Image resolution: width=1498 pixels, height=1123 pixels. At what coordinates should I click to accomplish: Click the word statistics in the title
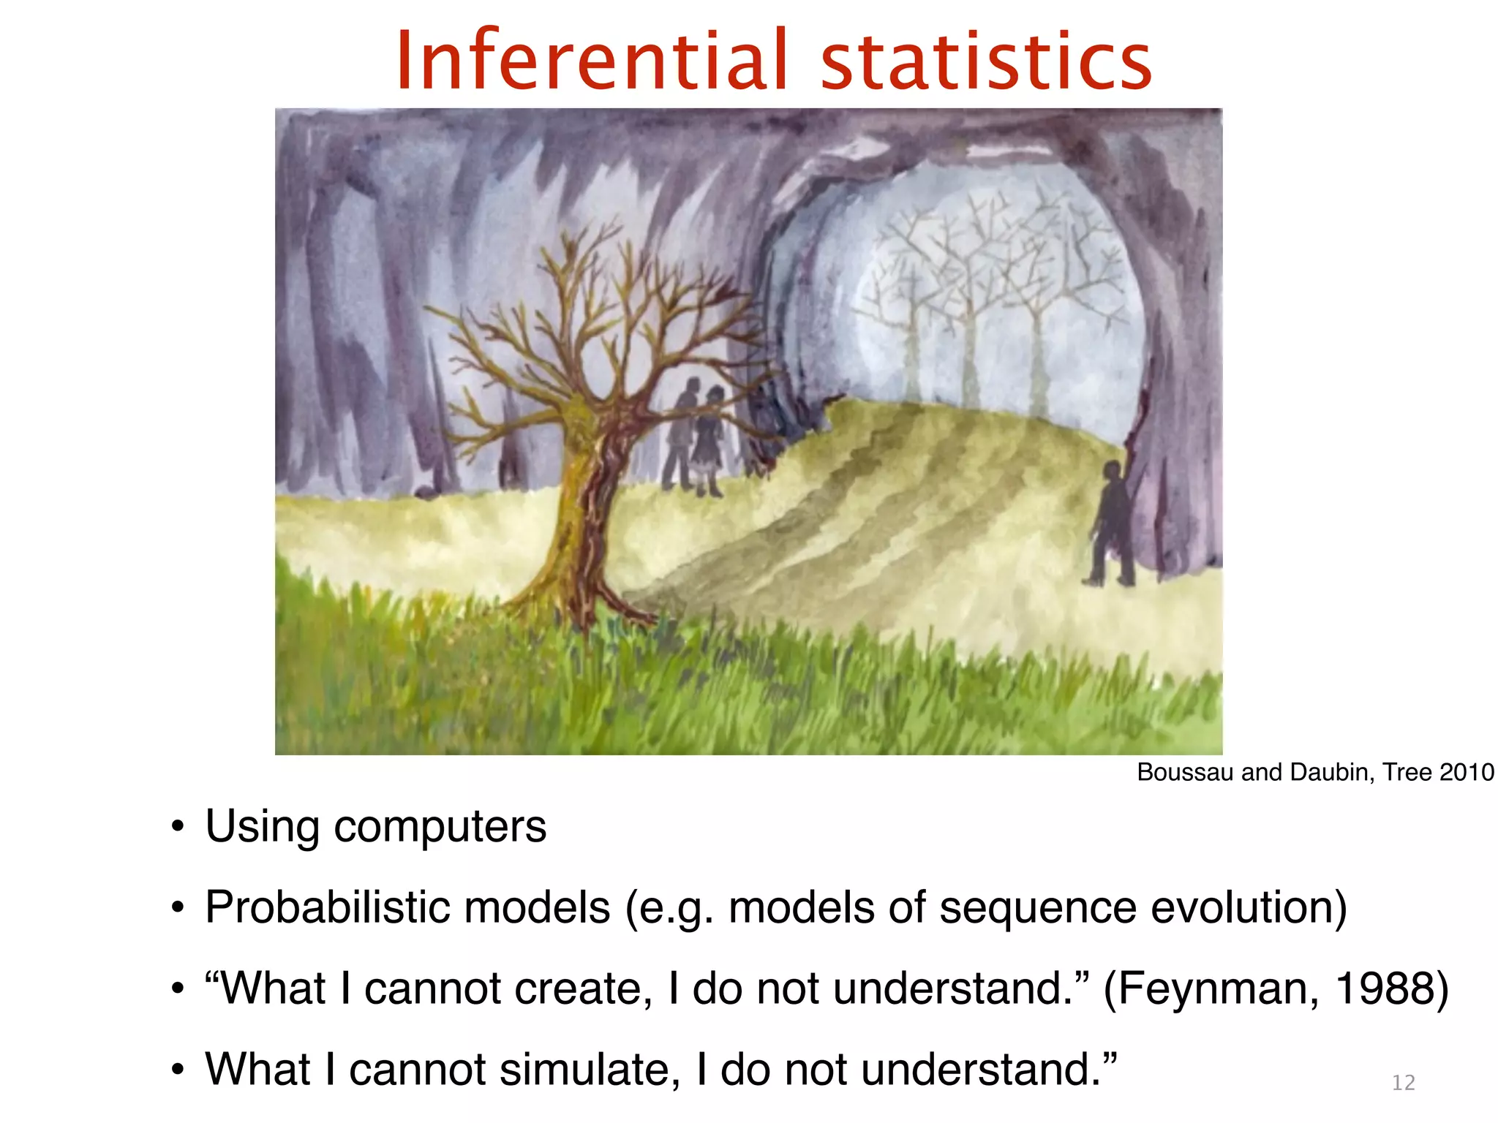985,61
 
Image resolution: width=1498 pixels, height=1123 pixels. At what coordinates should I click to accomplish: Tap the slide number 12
1403,1083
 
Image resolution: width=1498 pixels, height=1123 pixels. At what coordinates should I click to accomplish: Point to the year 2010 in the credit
1466,773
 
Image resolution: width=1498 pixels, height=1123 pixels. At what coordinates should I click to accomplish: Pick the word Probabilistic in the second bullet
326,908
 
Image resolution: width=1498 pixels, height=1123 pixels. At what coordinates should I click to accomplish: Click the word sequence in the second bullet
1038,908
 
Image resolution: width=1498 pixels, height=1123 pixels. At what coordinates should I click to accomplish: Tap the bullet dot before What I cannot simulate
176,1070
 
